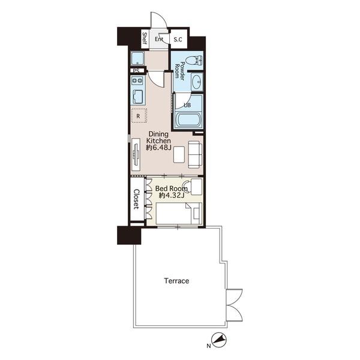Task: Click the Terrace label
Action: coord(176,281)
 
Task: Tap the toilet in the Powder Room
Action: coord(194,61)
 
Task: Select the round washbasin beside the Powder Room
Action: coord(197,82)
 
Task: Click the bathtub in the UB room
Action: coord(188,119)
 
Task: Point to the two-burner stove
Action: coord(137,80)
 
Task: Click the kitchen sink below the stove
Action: coord(137,97)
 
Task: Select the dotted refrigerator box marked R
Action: coord(139,116)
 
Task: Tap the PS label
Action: coord(136,71)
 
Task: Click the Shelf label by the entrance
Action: coord(145,38)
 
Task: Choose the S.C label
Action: coord(178,40)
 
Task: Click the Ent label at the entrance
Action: coord(159,39)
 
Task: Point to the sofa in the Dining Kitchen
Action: coord(196,154)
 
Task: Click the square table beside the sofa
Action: coord(179,155)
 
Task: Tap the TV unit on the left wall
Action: coord(136,155)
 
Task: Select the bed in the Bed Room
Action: coord(179,214)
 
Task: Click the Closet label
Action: coord(136,199)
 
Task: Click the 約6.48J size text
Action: coord(158,148)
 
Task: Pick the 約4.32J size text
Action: coord(172,196)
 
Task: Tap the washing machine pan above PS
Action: coord(137,58)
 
